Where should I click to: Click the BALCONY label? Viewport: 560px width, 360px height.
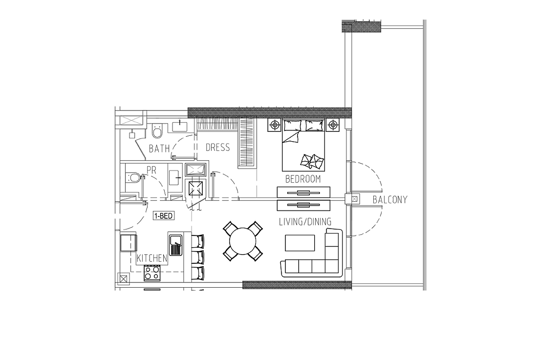coord(389,200)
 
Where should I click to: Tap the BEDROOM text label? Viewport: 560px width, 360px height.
coord(303,179)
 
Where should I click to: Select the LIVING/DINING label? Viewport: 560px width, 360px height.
coord(305,222)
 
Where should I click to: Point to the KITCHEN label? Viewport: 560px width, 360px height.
coord(152,258)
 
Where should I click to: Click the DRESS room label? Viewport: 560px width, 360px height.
coord(217,147)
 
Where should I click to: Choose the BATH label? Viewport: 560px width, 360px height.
coord(159,148)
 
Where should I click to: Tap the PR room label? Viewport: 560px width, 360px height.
coord(151,169)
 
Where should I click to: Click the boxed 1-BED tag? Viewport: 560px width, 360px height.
coord(164,216)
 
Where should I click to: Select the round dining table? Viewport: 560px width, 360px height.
coord(243,241)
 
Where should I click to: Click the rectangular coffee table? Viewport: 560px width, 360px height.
coord(300,243)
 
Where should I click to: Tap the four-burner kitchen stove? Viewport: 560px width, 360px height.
coord(152,273)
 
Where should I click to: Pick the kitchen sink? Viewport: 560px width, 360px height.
coord(175,245)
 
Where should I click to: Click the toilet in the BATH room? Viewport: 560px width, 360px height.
coord(157,131)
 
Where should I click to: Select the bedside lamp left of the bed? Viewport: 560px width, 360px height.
coord(274,125)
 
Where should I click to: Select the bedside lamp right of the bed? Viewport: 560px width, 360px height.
coord(333,125)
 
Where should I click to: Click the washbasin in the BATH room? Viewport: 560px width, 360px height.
coord(180,126)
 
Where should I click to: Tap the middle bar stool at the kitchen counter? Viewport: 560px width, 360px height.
coord(198,257)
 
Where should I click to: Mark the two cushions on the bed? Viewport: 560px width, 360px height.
coord(312,161)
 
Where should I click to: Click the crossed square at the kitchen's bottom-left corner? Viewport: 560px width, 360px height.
coord(124,278)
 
